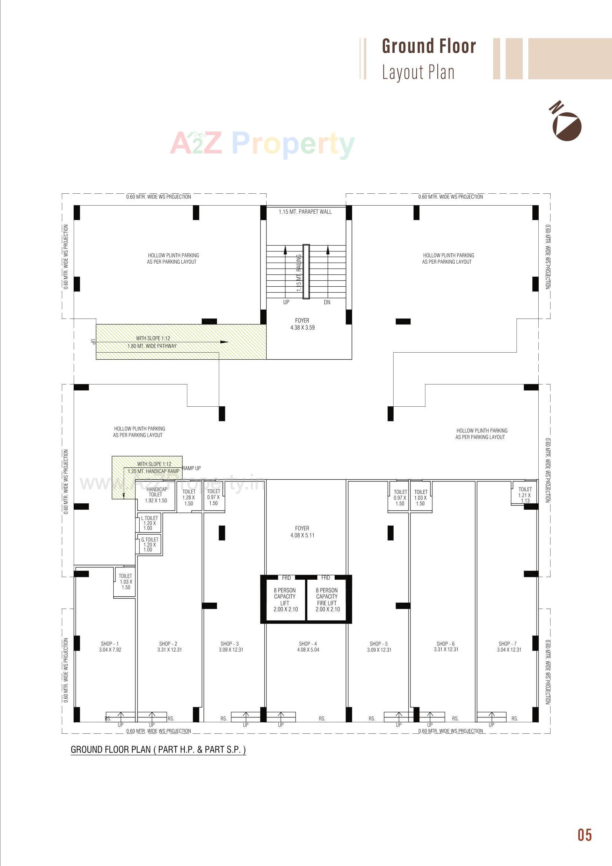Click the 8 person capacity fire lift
click(327, 599)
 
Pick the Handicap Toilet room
click(156, 495)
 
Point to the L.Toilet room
click(150, 523)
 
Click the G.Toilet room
click(150, 544)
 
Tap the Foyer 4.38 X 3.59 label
click(302, 324)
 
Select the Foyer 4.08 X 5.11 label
click(302, 532)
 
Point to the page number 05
click(585, 835)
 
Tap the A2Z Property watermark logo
click(262, 143)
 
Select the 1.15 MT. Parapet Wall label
click(305, 212)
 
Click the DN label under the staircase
click(327, 302)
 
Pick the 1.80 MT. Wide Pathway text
click(152, 346)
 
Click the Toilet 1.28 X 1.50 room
click(189, 497)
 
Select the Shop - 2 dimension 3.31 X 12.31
click(170, 650)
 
